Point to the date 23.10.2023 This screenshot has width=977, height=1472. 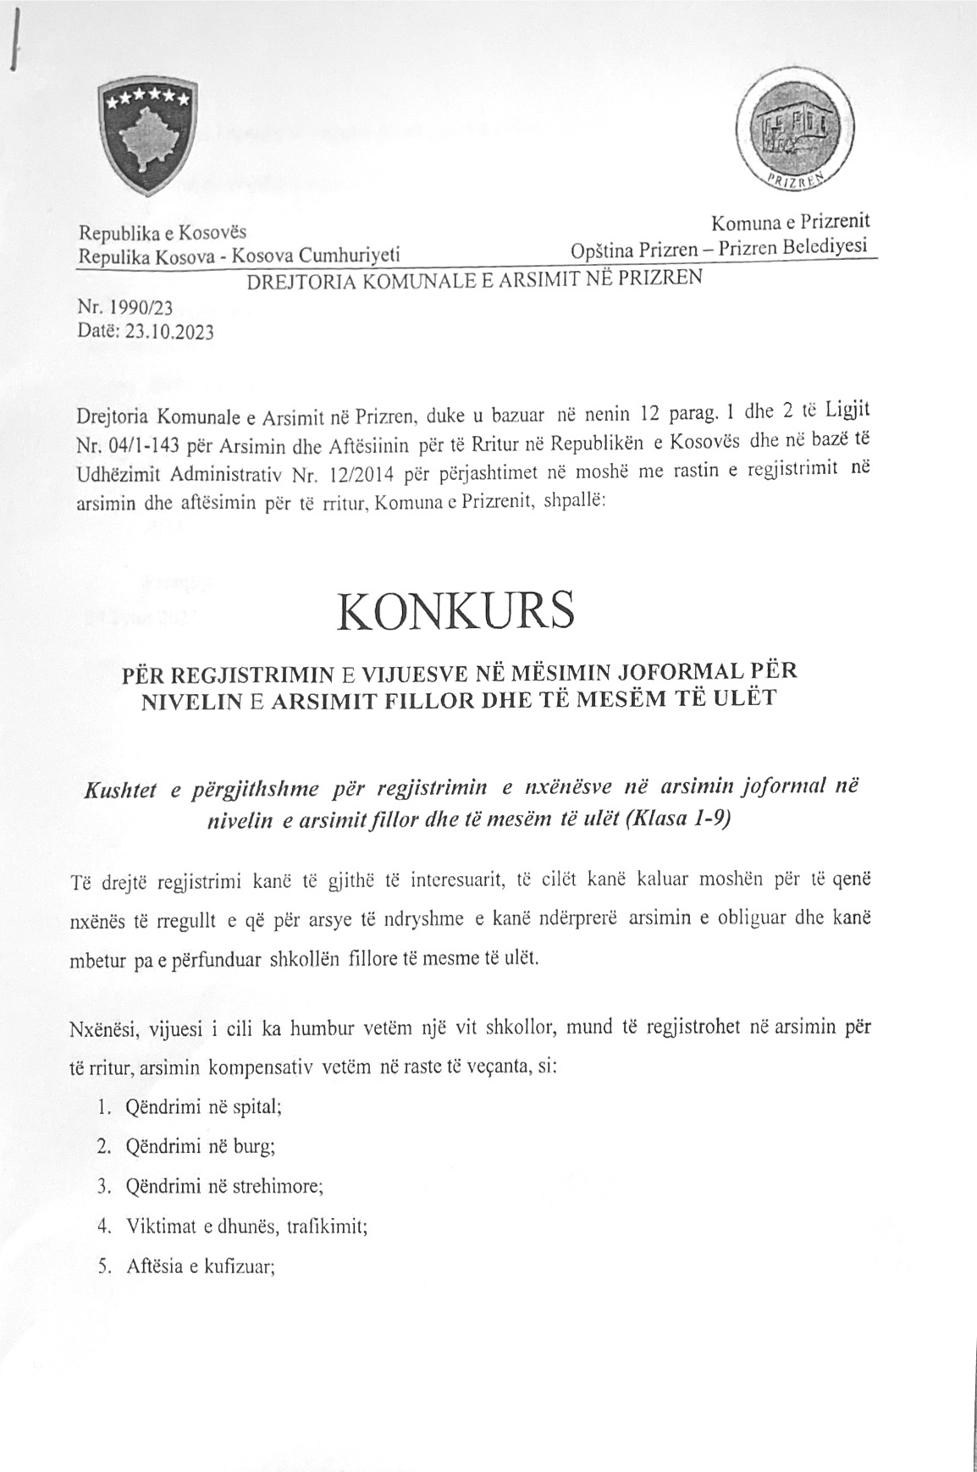coord(169,331)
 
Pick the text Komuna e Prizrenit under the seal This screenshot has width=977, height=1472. coord(791,223)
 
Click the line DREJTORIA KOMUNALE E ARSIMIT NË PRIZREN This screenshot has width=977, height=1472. coord(474,280)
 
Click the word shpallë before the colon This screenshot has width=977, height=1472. coord(574,501)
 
